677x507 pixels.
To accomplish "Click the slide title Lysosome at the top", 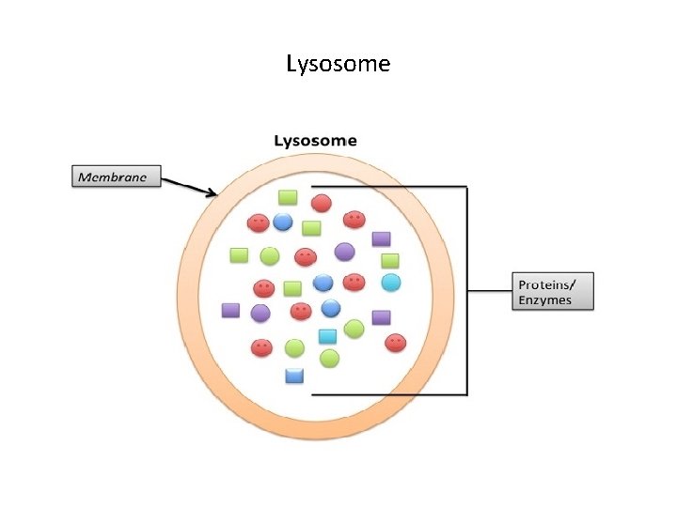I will (338, 64).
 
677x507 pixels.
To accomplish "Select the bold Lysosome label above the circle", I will (315, 141).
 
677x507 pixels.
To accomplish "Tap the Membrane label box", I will (118, 177).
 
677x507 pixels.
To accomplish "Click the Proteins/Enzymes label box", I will (555, 291).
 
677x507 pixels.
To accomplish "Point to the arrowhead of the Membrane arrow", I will (215, 194).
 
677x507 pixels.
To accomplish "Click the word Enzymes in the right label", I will (543, 300).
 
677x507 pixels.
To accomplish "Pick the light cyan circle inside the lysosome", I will (391, 282).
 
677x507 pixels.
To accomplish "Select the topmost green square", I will (288, 197).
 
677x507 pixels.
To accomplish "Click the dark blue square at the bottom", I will (294, 376).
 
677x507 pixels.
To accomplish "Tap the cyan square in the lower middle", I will (327, 336).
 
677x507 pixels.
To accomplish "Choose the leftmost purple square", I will (230, 310).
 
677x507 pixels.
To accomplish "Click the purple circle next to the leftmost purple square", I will (260, 313).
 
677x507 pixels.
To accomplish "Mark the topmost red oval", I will (322, 202).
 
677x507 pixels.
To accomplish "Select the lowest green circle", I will (329, 358).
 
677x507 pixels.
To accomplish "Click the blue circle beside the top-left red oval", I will (283, 222).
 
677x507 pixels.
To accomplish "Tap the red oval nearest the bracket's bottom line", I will (396, 343).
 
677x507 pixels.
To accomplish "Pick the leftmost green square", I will (239, 254).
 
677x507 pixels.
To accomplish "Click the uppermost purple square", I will (381, 238).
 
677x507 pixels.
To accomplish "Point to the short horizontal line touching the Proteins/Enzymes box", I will (490, 291).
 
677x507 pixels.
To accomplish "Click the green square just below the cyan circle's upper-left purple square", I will (390, 260).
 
